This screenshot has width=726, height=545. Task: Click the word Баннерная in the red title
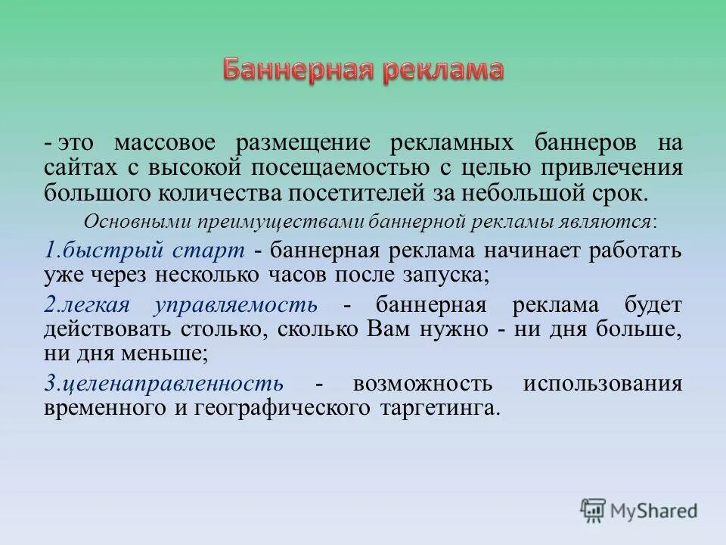pyautogui.click(x=298, y=70)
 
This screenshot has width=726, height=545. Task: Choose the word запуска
pyautogui.click(x=451, y=275)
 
